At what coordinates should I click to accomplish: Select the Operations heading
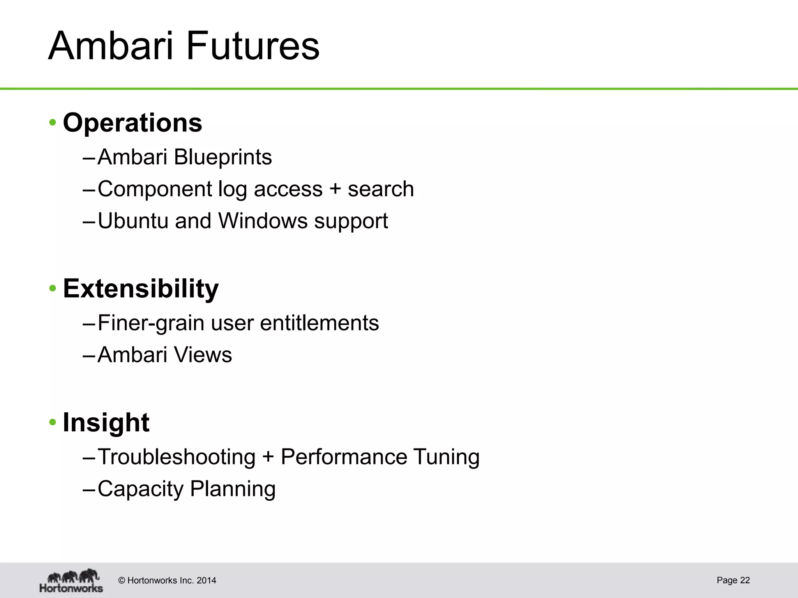pyautogui.click(x=132, y=123)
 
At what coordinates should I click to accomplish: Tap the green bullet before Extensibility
pyautogui.click(x=53, y=289)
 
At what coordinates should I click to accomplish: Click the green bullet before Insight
pyautogui.click(x=53, y=422)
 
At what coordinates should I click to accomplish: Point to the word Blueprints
pyautogui.click(x=223, y=157)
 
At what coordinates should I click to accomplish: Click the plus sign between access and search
pyautogui.click(x=335, y=190)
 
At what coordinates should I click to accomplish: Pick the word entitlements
pyautogui.click(x=319, y=323)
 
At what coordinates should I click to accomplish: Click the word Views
pyautogui.click(x=203, y=355)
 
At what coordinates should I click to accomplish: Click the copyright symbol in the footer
pyautogui.click(x=122, y=580)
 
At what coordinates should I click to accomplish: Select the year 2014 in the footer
pyautogui.click(x=207, y=580)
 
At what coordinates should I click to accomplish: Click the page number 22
pyautogui.click(x=745, y=580)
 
